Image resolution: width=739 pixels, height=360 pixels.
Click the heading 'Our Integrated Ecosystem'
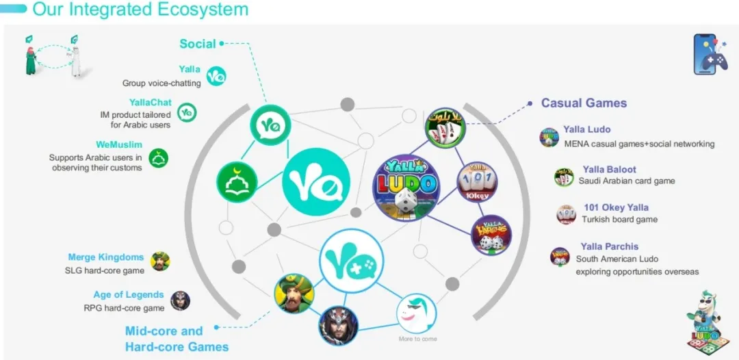(x=140, y=10)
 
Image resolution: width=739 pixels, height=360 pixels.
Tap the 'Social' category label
(x=197, y=44)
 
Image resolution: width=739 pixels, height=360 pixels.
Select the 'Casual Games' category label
(x=584, y=103)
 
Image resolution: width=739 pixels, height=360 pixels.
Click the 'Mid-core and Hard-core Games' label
(x=177, y=339)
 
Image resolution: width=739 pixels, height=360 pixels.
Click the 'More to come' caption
(x=417, y=339)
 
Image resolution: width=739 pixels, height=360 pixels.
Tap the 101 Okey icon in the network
(x=477, y=181)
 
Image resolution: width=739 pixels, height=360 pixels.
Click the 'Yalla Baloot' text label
(x=609, y=169)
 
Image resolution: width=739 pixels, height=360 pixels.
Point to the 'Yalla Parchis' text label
(x=609, y=246)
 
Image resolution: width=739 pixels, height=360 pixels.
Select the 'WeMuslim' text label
(x=119, y=145)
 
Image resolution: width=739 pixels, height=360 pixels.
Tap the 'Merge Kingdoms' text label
(x=106, y=257)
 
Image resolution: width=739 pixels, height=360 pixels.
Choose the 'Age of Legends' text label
(x=129, y=294)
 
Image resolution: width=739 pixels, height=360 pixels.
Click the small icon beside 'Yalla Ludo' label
(x=549, y=138)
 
